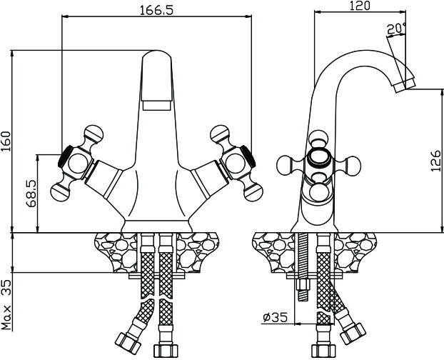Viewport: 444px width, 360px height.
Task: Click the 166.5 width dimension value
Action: pyautogui.click(x=156, y=10)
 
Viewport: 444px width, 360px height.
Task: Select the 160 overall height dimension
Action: pyautogui.click(x=6, y=141)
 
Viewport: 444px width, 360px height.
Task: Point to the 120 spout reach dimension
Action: pyautogui.click(x=360, y=6)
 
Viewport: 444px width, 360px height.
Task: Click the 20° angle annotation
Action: pyautogui.click(x=396, y=29)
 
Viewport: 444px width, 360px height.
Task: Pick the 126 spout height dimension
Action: pyautogui.click(x=435, y=161)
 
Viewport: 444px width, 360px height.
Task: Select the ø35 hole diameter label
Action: pyautogui.click(x=276, y=317)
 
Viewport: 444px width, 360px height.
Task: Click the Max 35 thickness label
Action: pyautogui.click(x=6, y=305)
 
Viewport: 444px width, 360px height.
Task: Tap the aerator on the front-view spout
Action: pyautogui.click(x=156, y=106)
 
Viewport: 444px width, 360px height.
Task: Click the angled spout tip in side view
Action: pyautogui.click(x=405, y=85)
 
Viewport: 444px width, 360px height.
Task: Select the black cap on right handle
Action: pyautogui.click(x=248, y=156)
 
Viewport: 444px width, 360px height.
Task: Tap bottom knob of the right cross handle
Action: pyautogui.click(x=253, y=192)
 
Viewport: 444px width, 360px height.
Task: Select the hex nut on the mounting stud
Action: pyautogui.click(x=303, y=284)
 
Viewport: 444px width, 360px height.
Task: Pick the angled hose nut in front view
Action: pyautogui.click(x=128, y=344)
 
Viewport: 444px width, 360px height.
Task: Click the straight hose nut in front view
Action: pyautogui.click(x=166, y=351)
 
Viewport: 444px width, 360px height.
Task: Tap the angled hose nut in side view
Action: pyautogui.click(x=353, y=333)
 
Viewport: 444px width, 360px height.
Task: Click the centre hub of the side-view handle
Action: pyautogui.click(x=319, y=157)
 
